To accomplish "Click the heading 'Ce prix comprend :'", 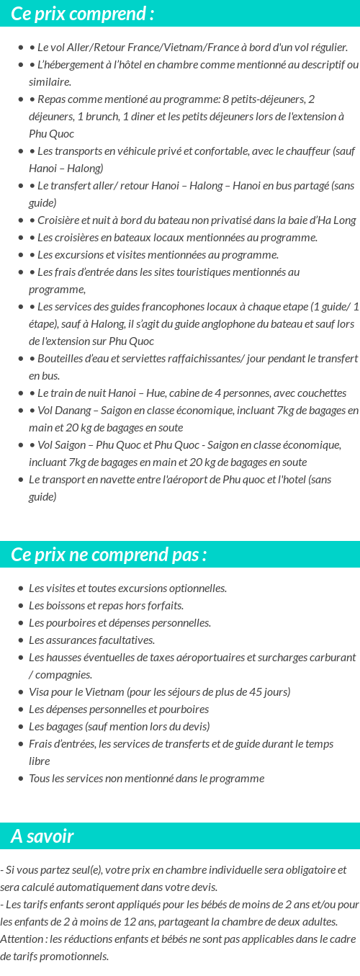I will click(82, 14).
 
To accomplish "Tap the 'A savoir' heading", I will click(42, 836).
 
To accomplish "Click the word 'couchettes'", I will click(321, 393).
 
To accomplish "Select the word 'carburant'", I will click(332, 658).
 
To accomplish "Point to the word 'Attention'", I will click(22, 939).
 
